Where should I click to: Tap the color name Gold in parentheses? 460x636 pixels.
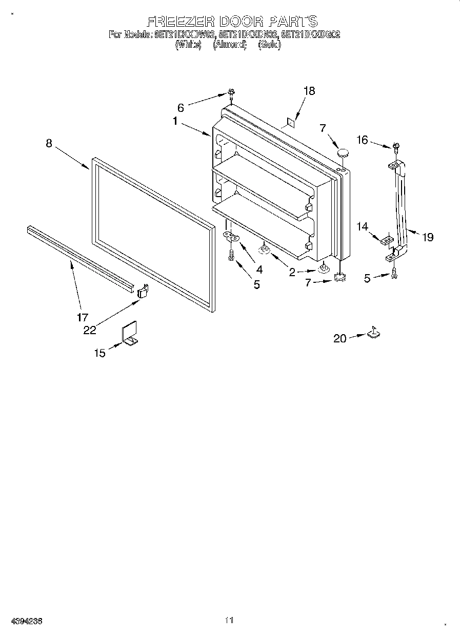coord(269,45)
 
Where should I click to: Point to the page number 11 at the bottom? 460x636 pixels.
coord(229,621)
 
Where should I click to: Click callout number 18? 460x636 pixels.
coord(309,91)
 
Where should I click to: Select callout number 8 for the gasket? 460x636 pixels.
coord(49,144)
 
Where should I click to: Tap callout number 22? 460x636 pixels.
coord(90,330)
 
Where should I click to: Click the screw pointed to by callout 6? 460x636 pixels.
coord(231,93)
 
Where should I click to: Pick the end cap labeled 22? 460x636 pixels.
coord(143,291)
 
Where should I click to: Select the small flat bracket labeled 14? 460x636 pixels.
coord(388,239)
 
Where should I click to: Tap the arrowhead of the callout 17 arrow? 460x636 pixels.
coord(70,262)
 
